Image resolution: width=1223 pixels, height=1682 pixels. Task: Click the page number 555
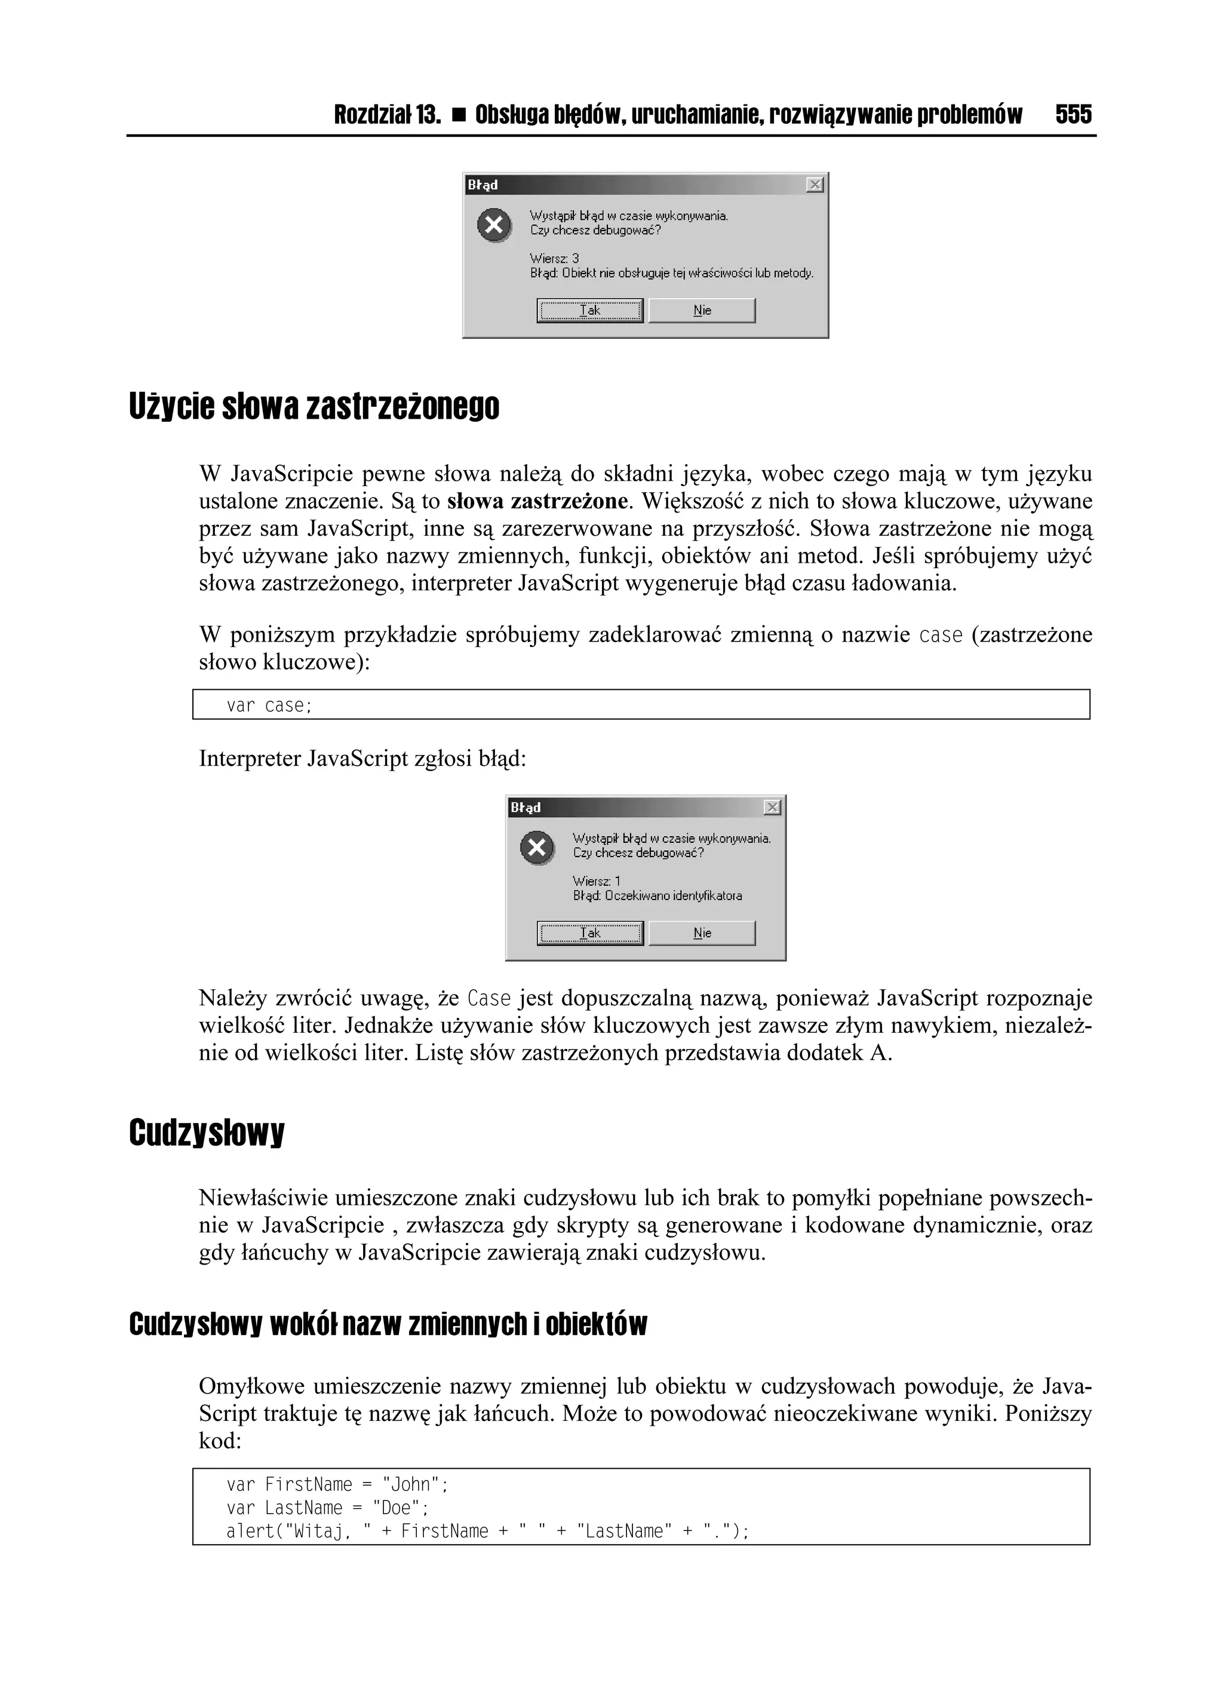1073,115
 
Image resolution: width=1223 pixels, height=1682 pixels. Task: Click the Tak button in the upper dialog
589,311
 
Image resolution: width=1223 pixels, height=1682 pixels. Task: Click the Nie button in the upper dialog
702,311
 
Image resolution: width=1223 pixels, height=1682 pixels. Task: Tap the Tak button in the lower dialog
589,933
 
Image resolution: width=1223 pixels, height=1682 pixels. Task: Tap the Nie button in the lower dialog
702,933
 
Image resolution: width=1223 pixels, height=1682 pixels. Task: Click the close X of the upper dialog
815,185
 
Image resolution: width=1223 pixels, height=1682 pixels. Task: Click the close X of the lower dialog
772,808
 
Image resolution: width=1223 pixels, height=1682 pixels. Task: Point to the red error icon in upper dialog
494,225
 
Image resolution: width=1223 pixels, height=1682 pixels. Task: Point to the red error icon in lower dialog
537,848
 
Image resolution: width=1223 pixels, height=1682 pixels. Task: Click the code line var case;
269,705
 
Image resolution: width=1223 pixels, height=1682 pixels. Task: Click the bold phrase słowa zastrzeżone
537,501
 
